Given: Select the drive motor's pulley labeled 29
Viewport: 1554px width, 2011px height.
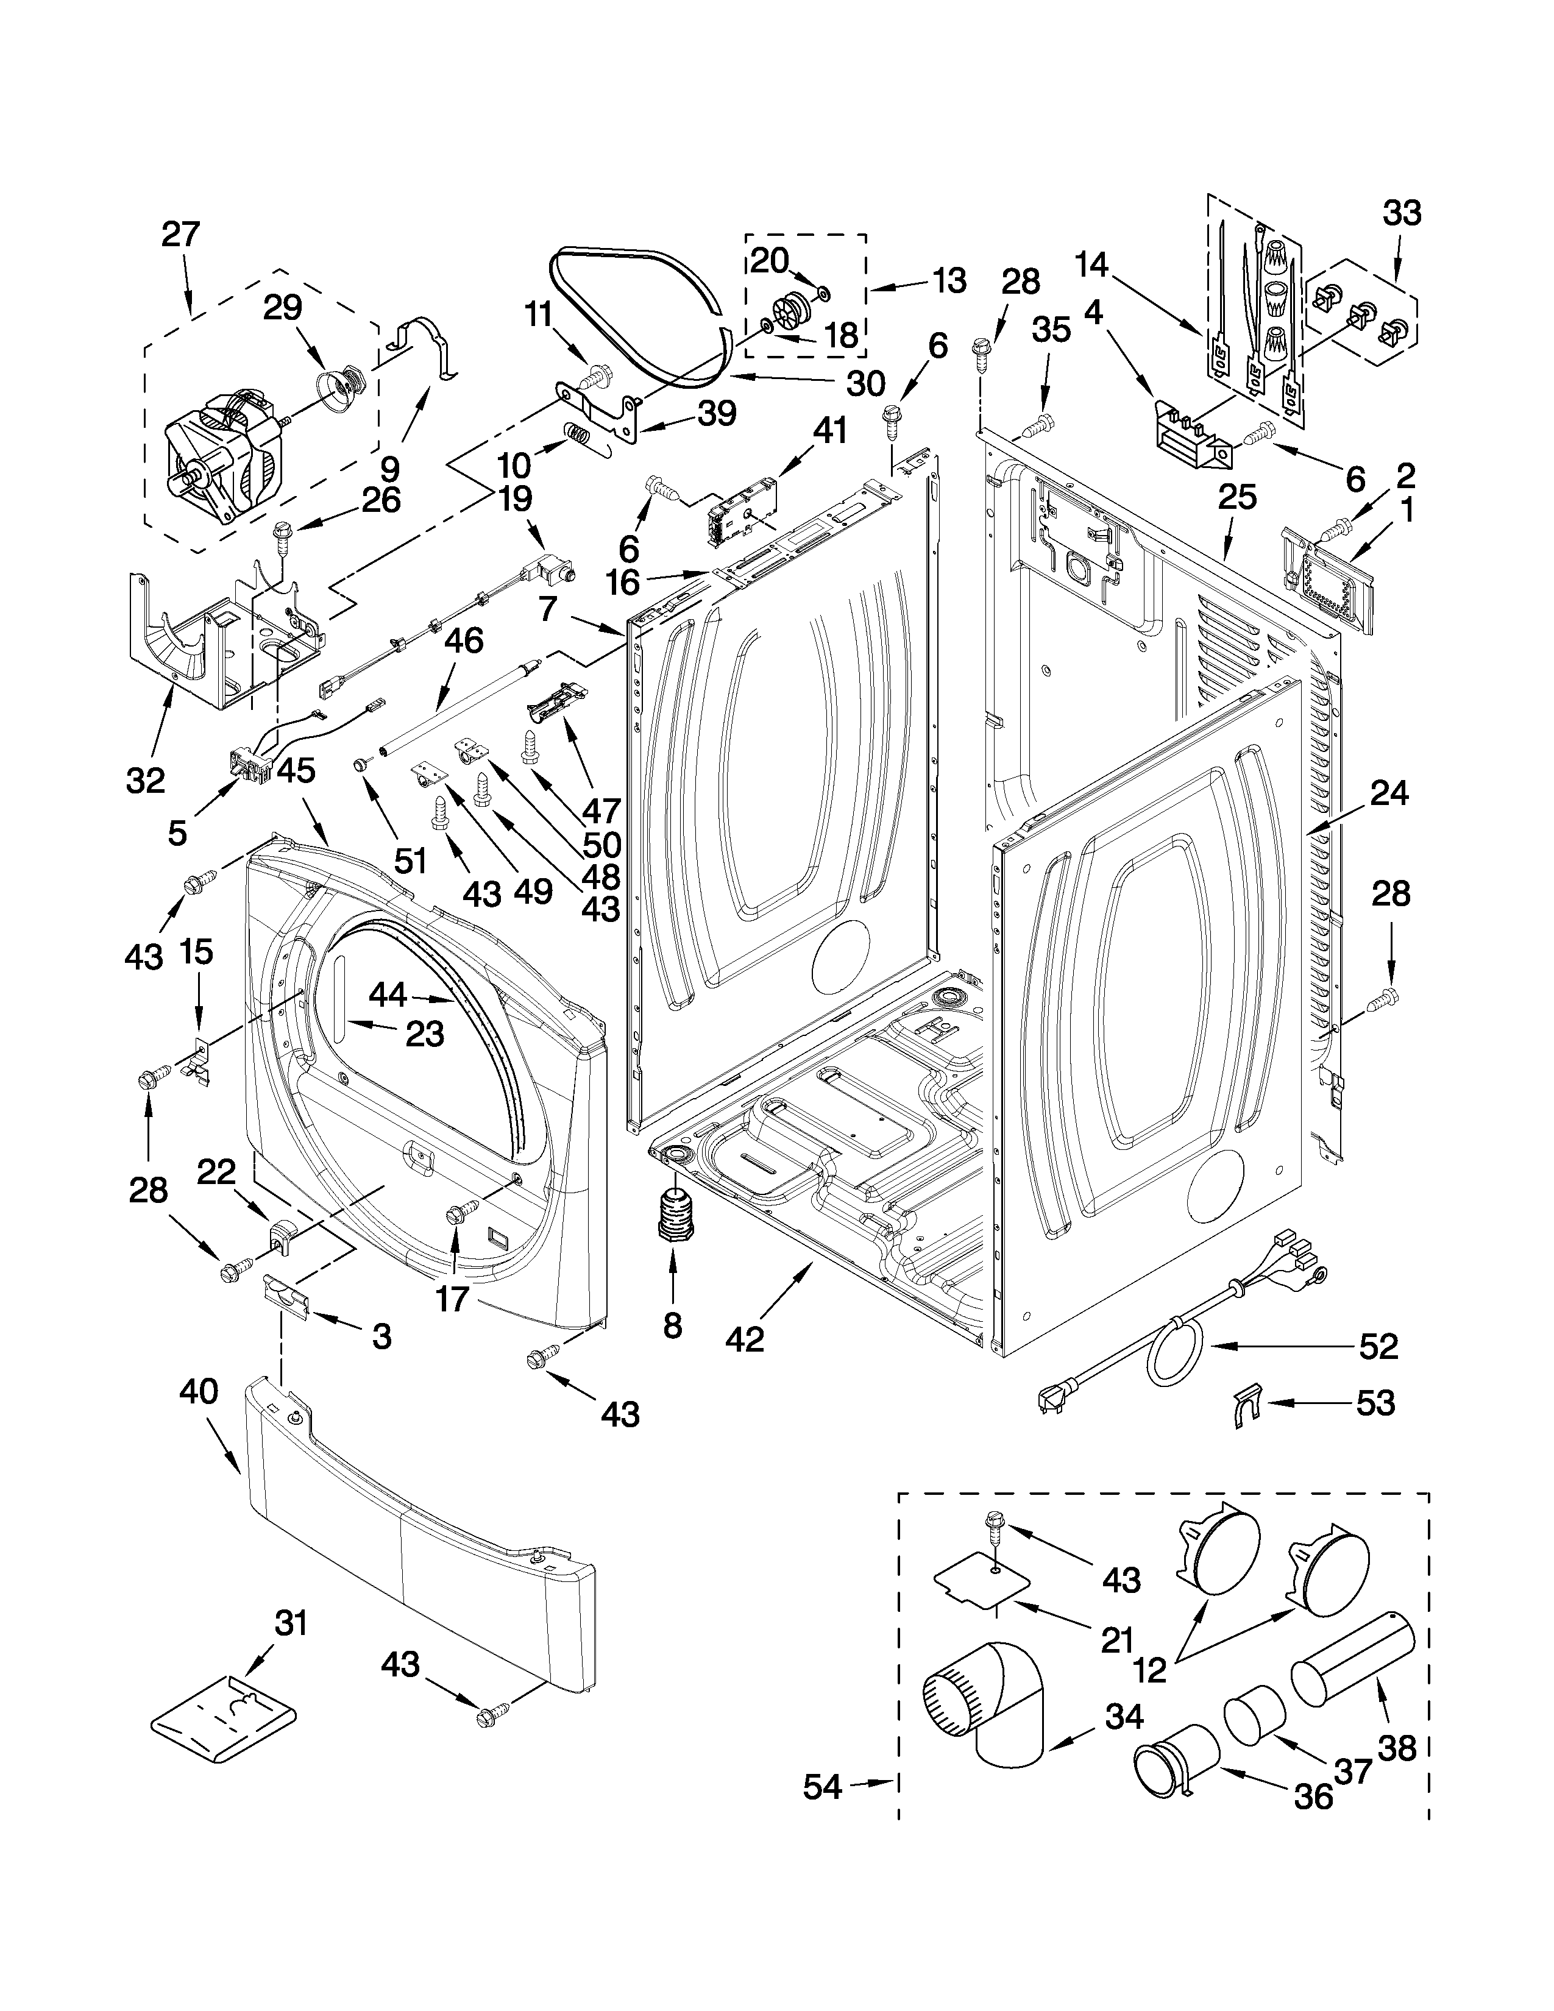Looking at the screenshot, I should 344,385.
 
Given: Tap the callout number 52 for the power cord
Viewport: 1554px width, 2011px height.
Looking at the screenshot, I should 1378,1346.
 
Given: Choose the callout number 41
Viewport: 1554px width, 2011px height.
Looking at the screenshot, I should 829,431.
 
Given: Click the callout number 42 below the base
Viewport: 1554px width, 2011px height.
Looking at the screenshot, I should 745,1339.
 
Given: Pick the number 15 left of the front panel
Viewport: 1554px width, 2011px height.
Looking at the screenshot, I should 196,952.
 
